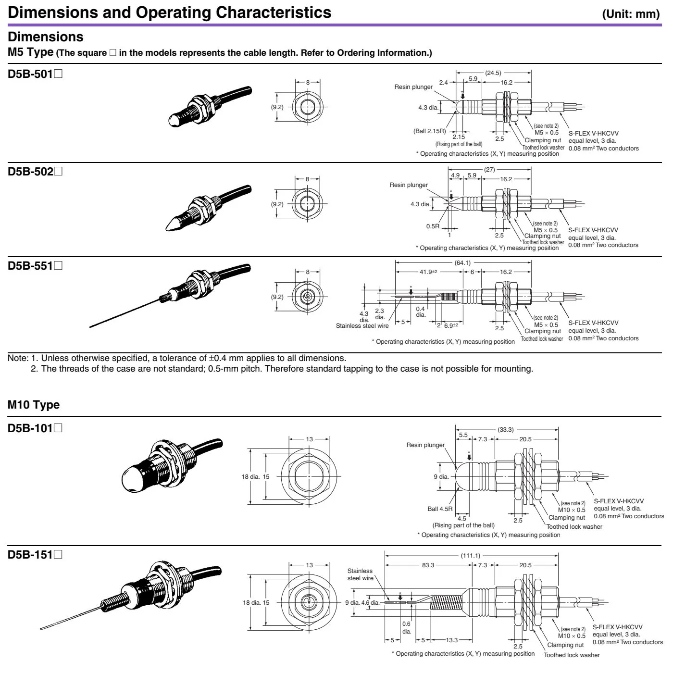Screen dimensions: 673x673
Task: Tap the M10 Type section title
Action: click(34, 405)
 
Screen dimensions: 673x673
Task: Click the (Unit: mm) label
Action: click(631, 13)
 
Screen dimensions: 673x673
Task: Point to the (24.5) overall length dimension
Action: click(493, 73)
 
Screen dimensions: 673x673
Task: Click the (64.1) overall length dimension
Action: click(462, 263)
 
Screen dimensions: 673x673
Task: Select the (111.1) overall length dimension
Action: click(470, 556)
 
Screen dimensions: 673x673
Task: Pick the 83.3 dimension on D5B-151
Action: click(428, 565)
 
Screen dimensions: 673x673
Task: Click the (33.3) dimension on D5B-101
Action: click(505, 430)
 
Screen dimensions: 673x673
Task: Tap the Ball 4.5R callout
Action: click(440, 509)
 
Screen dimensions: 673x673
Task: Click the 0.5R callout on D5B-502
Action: click(433, 226)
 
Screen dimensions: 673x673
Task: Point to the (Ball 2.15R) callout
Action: click(429, 131)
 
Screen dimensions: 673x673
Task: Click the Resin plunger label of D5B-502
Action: click(409, 185)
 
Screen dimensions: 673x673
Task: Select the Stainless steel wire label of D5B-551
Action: click(362, 326)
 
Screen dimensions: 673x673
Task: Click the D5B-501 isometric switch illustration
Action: click(209, 107)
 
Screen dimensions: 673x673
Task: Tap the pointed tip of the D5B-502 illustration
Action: click(169, 227)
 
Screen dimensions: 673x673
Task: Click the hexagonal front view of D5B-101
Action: click(309, 476)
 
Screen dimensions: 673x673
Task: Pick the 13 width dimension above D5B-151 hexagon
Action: click(309, 565)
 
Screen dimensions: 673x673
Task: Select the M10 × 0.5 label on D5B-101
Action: click(572, 510)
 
